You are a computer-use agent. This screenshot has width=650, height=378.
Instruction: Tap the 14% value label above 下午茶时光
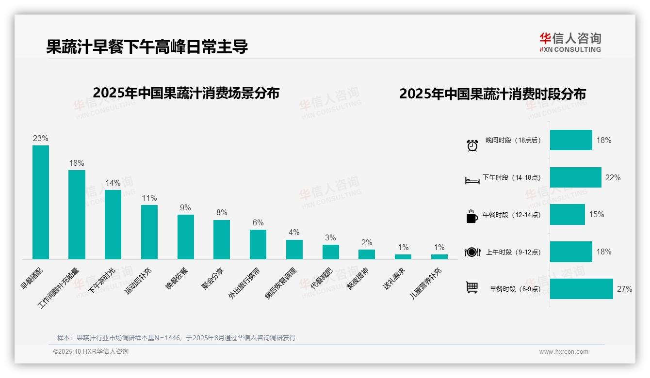113,183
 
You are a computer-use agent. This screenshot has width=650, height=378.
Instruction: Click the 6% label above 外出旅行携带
258,222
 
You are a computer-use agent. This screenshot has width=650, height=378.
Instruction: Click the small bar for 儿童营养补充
439,257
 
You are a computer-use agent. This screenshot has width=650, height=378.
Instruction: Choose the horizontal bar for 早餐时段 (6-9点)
581,289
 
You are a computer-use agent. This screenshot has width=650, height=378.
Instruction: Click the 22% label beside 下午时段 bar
613,177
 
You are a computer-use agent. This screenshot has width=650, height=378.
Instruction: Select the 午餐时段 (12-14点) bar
567,214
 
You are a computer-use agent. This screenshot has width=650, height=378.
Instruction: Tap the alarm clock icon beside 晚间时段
472,145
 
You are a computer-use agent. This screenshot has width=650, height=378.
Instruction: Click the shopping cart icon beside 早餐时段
471,288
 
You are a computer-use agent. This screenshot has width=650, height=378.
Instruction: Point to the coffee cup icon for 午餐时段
471,216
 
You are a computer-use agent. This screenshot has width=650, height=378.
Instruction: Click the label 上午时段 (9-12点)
513,252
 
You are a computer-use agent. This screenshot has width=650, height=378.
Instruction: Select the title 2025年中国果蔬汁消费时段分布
492,94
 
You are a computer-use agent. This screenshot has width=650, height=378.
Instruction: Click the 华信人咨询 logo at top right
570,42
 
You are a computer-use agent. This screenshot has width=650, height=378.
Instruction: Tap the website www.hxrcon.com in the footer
563,352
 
